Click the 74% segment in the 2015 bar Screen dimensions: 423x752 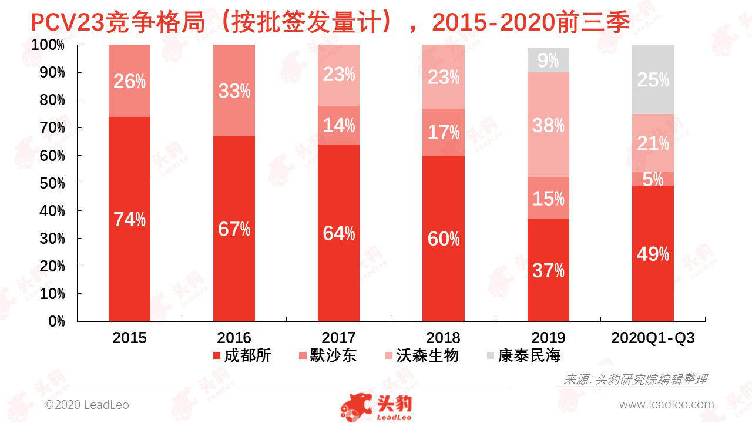click(129, 219)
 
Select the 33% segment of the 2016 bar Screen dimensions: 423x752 click(234, 90)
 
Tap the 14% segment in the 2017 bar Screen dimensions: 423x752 click(338, 125)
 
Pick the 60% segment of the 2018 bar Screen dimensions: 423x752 click(443, 238)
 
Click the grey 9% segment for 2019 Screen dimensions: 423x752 click(548, 60)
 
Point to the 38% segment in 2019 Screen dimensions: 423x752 click(548, 125)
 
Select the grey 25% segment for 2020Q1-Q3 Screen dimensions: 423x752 click(653, 79)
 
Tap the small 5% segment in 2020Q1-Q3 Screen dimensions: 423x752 click(653, 179)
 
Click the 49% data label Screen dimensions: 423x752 click(653, 254)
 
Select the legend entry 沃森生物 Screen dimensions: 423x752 click(419, 355)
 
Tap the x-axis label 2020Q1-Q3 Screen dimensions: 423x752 click(653, 338)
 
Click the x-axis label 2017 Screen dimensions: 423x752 click(338, 338)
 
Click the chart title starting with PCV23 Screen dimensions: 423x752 click(330, 22)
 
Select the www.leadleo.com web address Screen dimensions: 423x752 click(666, 404)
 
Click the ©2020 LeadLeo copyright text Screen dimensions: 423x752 click(87, 405)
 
